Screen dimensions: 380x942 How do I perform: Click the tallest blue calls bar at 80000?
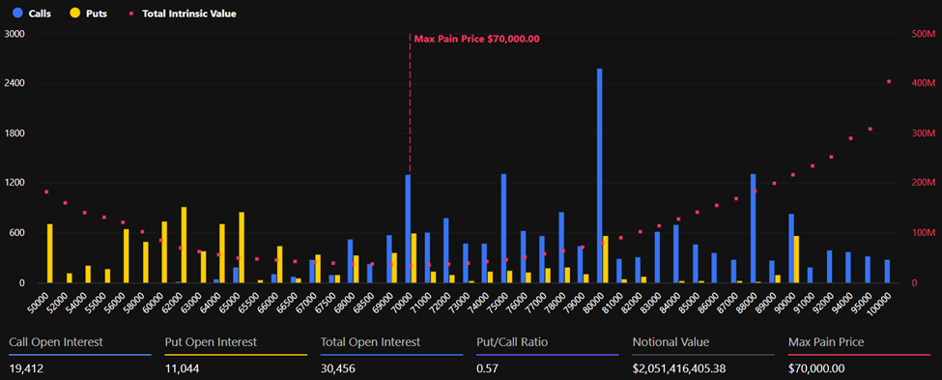(x=599, y=175)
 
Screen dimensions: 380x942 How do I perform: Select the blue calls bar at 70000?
(x=408, y=228)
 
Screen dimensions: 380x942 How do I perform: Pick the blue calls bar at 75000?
(x=503, y=228)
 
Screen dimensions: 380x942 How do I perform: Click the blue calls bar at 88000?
(x=753, y=228)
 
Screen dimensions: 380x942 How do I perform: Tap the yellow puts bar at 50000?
(x=50, y=253)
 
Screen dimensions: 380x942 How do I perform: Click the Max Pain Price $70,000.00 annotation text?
(x=476, y=39)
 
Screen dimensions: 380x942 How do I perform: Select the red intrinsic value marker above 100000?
(x=888, y=81)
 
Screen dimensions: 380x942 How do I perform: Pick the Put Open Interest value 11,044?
(x=186, y=367)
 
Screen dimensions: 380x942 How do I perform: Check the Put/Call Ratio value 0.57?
(x=487, y=367)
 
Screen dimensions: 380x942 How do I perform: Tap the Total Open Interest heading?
(x=370, y=342)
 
